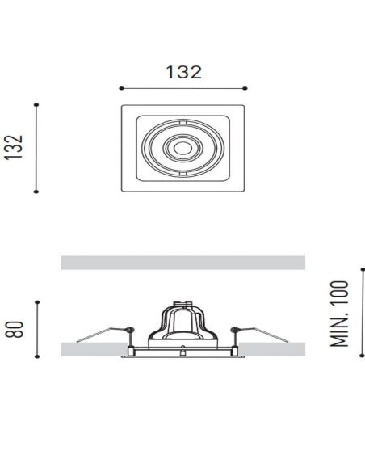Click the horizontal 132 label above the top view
[x=182, y=71]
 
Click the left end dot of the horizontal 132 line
[x=120, y=88]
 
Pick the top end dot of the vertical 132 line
[x=36, y=104]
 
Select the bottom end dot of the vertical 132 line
[x=36, y=192]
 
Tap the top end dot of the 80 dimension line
[x=36, y=299]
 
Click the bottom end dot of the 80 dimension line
[x=36, y=356]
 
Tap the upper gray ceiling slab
[x=182, y=263]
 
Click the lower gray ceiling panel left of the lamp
[x=93, y=349]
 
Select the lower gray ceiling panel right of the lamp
[x=275, y=349]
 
